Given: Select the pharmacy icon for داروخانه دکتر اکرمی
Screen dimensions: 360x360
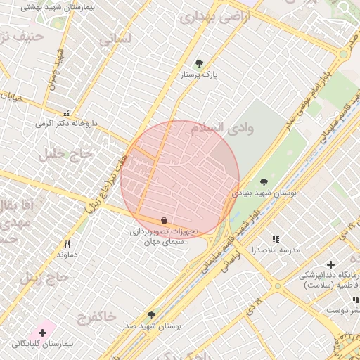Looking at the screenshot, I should [67, 112].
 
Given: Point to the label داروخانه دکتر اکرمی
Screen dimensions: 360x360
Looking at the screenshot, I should [64, 123].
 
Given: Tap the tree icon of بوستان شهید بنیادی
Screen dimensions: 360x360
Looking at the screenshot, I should [264, 182].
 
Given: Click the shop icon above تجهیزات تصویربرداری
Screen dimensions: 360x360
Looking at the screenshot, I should [164, 220].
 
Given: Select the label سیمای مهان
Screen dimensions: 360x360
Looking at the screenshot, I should [164, 241].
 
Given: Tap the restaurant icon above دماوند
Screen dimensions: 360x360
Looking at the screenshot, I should [67, 244].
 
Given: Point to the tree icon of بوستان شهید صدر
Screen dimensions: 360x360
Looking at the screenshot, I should [151, 315].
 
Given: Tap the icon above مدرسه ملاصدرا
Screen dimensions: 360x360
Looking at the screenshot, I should [276, 240].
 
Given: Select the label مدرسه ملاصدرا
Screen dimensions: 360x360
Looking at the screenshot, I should [280, 250].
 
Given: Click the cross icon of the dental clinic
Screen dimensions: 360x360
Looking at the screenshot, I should [330, 264].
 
